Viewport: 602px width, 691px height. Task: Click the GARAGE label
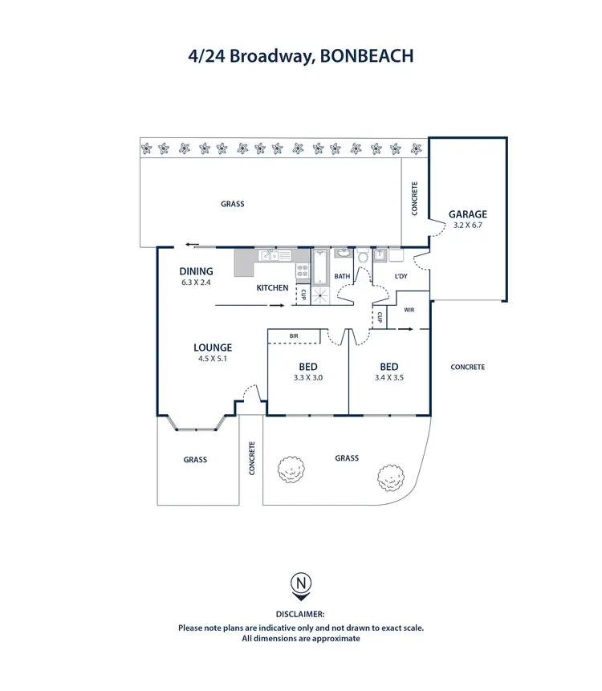(x=467, y=214)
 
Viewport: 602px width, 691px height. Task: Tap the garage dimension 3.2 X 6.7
(x=467, y=226)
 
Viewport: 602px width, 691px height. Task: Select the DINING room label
(x=196, y=271)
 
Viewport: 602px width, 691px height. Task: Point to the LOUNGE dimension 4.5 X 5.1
(x=213, y=359)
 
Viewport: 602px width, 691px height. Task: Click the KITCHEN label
(x=272, y=287)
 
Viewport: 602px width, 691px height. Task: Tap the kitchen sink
(x=273, y=256)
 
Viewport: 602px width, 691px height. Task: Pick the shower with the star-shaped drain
(x=321, y=295)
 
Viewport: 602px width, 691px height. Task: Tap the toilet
(x=363, y=258)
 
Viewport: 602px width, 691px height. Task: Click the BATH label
(x=342, y=277)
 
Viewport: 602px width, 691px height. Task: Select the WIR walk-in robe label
(x=409, y=309)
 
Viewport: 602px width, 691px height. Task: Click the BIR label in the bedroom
(x=295, y=335)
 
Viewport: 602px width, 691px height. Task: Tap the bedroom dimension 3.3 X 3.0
(x=308, y=377)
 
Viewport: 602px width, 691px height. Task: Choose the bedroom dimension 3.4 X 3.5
(x=388, y=377)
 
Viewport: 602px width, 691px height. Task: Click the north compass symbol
(x=301, y=583)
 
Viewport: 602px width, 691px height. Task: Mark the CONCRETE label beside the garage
(x=415, y=199)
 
